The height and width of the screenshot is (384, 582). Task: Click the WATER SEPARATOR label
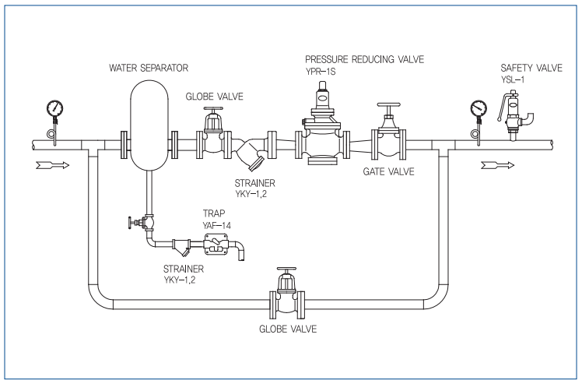[x=149, y=68]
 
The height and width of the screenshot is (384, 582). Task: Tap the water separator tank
[x=149, y=125]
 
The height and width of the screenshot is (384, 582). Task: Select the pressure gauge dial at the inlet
[x=55, y=108]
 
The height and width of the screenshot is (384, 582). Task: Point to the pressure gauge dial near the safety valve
[x=479, y=108]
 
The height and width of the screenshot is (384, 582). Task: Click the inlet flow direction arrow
[x=53, y=165]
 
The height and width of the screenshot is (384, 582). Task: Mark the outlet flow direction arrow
[x=498, y=165]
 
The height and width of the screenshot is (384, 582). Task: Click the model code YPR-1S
[x=321, y=72]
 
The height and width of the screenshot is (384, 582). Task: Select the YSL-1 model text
[x=513, y=79]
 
